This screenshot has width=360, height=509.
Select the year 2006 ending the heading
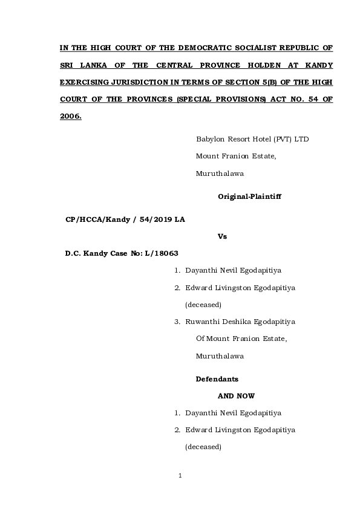pos(70,115)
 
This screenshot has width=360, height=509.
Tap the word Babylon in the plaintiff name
pos(210,139)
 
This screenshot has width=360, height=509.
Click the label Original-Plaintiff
pos(249,196)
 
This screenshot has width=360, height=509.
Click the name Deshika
pos(241,322)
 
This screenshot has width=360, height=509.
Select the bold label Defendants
pos(217,379)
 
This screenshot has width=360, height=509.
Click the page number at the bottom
pos(180,476)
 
